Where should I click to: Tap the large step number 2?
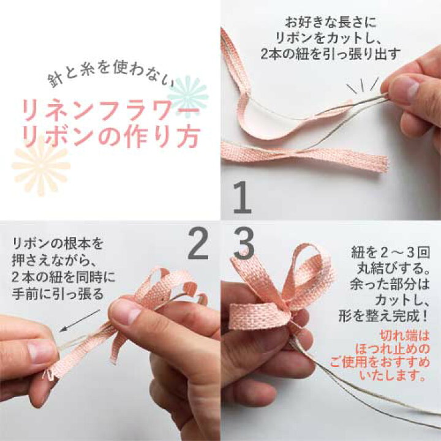(x=197, y=244)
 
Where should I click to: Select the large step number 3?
(x=244, y=244)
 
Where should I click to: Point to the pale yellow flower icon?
(x=41, y=165)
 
